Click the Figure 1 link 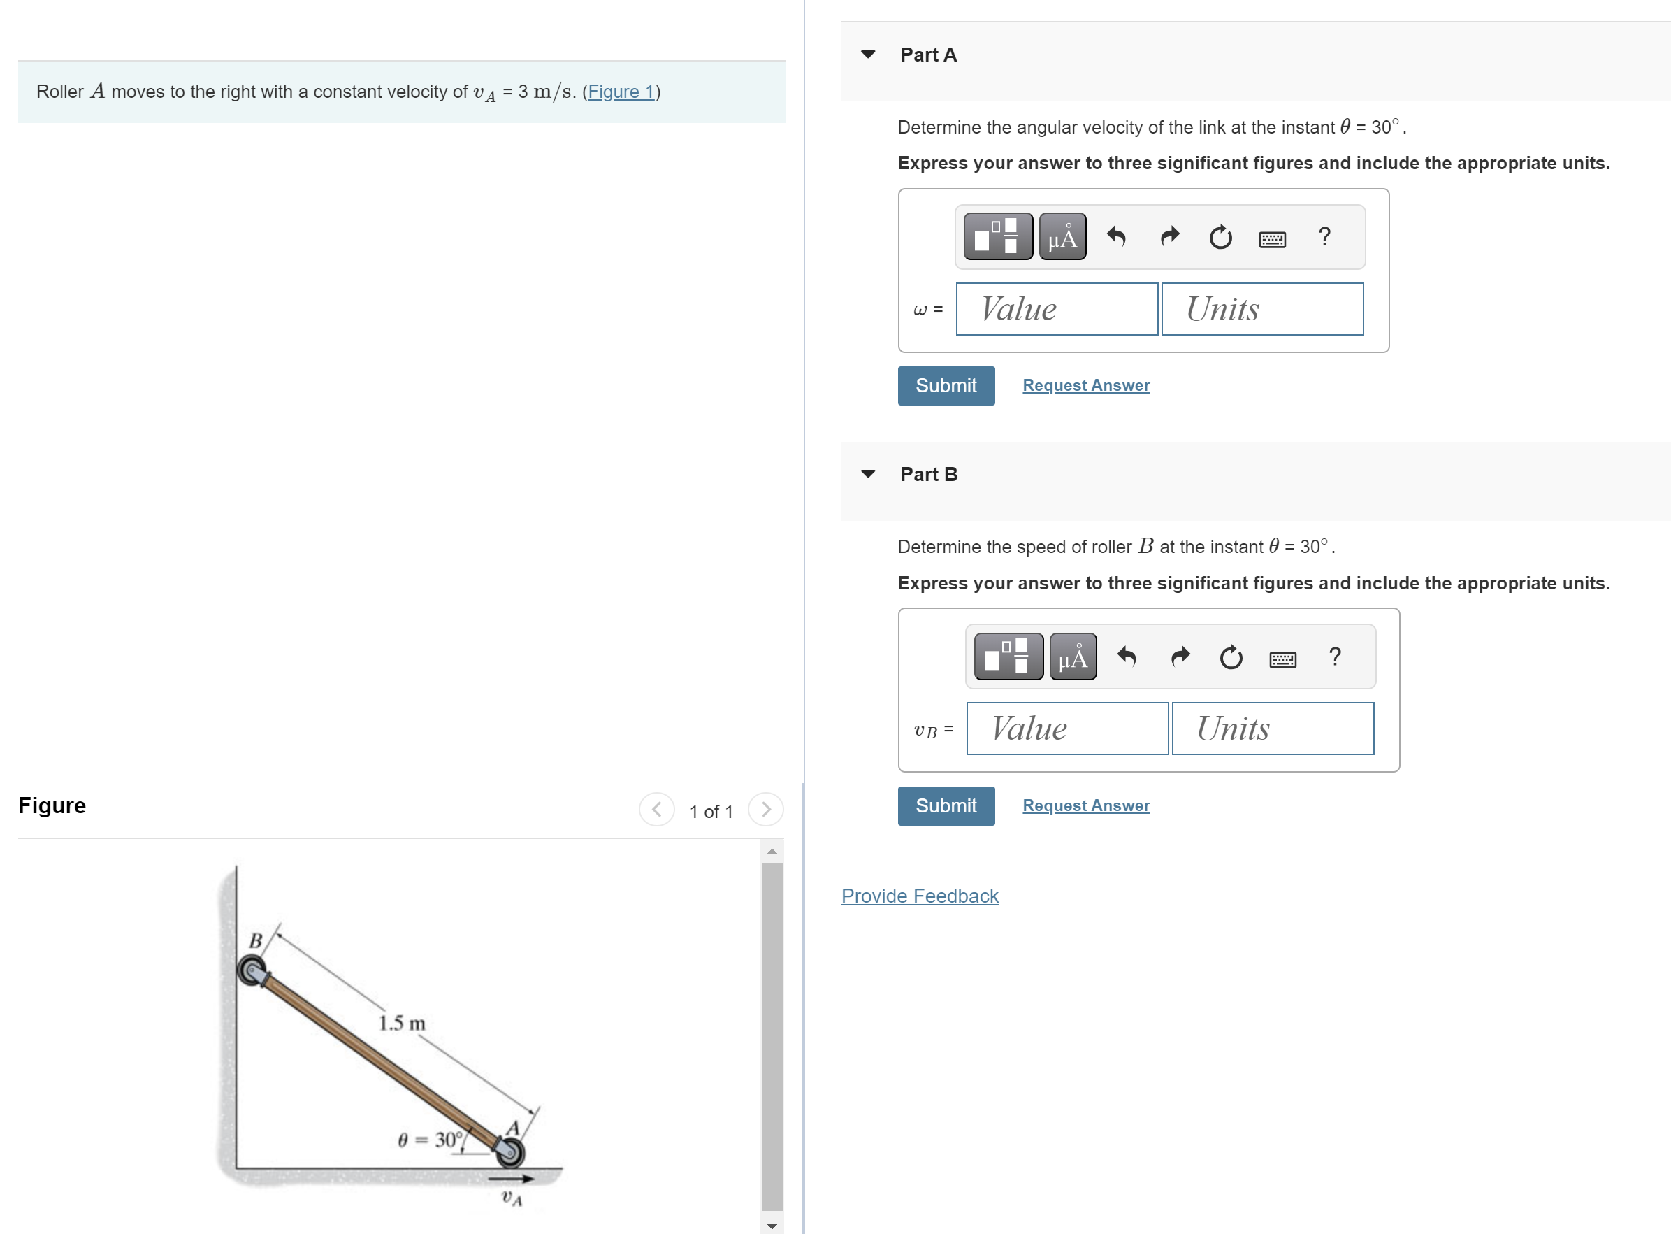point(621,92)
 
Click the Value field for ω point(1056,309)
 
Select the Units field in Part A point(1262,309)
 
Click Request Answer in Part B point(1085,805)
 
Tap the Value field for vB point(1066,729)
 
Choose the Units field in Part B point(1272,729)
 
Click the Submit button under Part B point(946,805)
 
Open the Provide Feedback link point(919,896)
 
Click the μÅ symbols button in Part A point(1062,237)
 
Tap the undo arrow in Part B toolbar point(1126,657)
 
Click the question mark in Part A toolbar point(1324,237)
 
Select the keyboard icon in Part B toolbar point(1282,659)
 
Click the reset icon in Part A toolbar point(1220,238)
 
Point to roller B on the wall point(253,971)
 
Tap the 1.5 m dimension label point(402,1024)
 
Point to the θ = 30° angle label point(431,1140)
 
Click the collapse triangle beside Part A point(867,55)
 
